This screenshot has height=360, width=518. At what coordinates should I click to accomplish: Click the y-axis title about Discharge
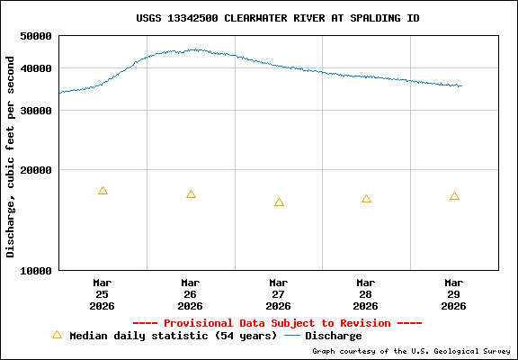pos(11,157)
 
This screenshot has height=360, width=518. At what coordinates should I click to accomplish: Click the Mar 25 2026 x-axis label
pos(103,293)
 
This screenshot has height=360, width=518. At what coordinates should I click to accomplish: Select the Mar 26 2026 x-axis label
pos(191,293)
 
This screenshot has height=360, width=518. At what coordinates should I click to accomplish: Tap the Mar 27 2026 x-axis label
pos(279,293)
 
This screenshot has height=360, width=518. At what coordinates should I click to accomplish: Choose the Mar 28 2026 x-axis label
pos(366,293)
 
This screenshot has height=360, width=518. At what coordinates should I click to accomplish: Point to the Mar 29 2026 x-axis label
pos(454,293)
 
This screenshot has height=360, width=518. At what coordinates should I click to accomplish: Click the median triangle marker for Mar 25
pos(103,191)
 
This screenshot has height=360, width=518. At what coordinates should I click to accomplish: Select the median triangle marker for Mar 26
pos(191,194)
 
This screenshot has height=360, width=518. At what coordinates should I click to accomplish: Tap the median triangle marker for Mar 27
pos(279,202)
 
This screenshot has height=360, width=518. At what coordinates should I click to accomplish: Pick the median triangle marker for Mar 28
pos(366,199)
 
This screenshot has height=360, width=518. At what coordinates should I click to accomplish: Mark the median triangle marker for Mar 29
pos(454,196)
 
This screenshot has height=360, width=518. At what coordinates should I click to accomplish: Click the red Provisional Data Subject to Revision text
pos(277,323)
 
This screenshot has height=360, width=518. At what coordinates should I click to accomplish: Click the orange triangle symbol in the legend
pos(57,335)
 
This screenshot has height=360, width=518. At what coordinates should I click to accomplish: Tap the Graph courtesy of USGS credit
pos(412,351)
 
